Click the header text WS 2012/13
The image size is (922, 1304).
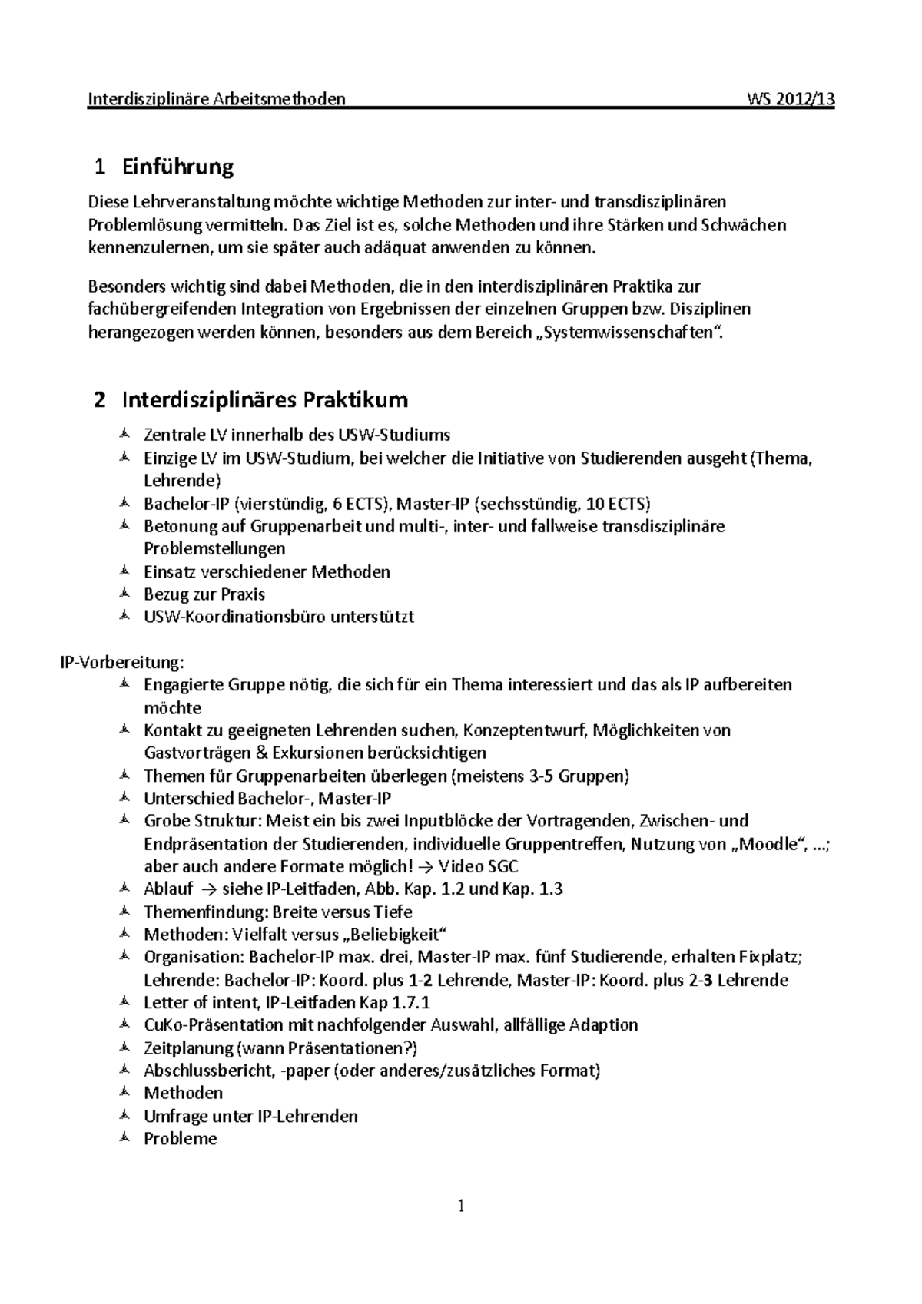click(790, 99)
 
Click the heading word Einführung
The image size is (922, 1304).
click(177, 167)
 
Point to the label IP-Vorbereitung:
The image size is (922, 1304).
click(122, 662)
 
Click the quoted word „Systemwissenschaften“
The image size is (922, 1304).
click(632, 333)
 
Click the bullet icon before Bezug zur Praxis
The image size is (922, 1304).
click(124, 594)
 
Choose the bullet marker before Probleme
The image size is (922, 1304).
click(124, 1138)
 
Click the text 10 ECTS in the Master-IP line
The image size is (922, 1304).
click(617, 505)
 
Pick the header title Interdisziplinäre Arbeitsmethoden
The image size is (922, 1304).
click(217, 99)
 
